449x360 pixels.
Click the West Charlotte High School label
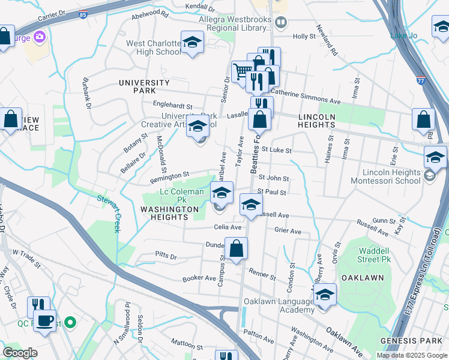(153, 47)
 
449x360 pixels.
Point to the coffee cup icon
(44, 320)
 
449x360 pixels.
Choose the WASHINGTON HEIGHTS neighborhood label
(169, 209)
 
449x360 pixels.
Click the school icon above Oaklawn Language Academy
(325, 295)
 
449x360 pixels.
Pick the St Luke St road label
(276, 150)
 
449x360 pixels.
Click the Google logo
(20, 353)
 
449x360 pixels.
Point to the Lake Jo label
(403, 35)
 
